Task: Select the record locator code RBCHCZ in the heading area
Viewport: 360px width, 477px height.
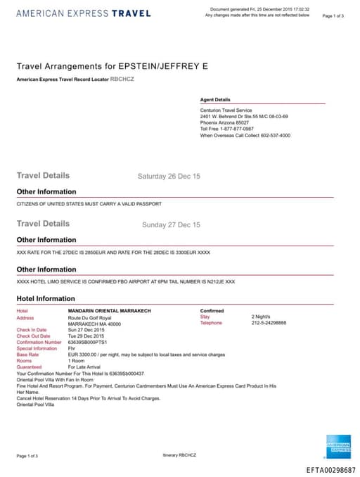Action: (x=122, y=79)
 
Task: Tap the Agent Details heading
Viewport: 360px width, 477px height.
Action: (x=215, y=100)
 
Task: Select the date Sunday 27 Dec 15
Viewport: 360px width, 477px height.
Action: (x=171, y=225)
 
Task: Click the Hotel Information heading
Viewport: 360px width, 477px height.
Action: (x=46, y=298)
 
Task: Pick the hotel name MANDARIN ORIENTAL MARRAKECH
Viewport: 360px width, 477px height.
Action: (x=109, y=310)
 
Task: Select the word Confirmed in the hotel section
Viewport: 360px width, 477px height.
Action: (x=212, y=310)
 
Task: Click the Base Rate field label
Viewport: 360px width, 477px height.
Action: (x=28, y=355)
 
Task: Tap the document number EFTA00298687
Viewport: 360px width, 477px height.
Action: (x=330, y=469)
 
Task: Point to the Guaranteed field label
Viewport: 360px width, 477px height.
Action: (x=30, y=367)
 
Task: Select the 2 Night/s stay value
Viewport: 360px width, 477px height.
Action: (x=262, y=317)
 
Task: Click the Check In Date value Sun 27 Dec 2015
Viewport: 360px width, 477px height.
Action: (x=86, y=329)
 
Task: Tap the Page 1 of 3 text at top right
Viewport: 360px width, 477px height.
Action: (x=333, y=15)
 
